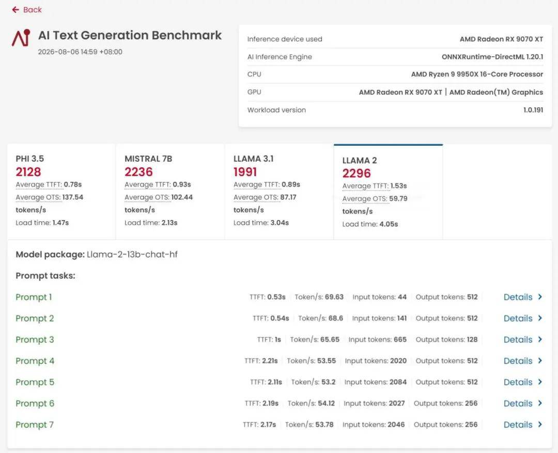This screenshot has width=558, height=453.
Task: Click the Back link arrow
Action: click(x=16, y=10)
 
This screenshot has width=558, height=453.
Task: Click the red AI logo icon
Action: click(x=21, y=38)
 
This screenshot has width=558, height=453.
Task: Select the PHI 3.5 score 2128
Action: click(x=28, y=172)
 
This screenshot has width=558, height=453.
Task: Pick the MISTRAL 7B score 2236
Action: click(x=138, y=172)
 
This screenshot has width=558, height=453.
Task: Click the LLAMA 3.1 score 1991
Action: click(x=245, y=172)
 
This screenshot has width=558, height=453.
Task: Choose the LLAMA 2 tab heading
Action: click(x=360, y=161)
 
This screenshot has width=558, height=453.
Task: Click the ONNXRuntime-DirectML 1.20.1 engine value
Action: click(x=492, y=57)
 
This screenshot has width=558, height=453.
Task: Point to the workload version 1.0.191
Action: click(x=533, y=110)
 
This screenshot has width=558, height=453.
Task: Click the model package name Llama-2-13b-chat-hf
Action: click(x=132, y=255)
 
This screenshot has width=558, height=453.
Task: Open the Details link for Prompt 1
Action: click(x=522, y=297)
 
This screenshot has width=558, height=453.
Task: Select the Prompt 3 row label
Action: click(x=35, y=339)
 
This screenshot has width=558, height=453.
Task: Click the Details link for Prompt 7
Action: click(x=522, y=425)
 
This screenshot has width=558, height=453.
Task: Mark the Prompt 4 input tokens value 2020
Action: click(x=398, y=361)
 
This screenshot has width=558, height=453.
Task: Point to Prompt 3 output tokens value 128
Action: click(x=472, y=339)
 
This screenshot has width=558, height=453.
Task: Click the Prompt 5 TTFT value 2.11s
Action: click(x=275, y=382)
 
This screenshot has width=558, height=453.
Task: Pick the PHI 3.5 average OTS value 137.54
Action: click(x=73, y=197)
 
